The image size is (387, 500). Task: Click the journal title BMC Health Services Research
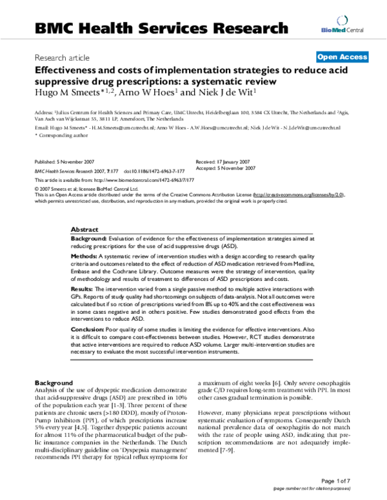click(161, 28)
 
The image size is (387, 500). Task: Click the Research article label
click(62, 57)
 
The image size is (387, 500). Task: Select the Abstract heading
click(84, 229)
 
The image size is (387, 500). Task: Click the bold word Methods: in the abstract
click(84, 256)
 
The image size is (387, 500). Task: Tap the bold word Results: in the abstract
click(83, 290)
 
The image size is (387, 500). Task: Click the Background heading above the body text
click(54, 382)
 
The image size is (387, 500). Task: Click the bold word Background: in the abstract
click(89, 238)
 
